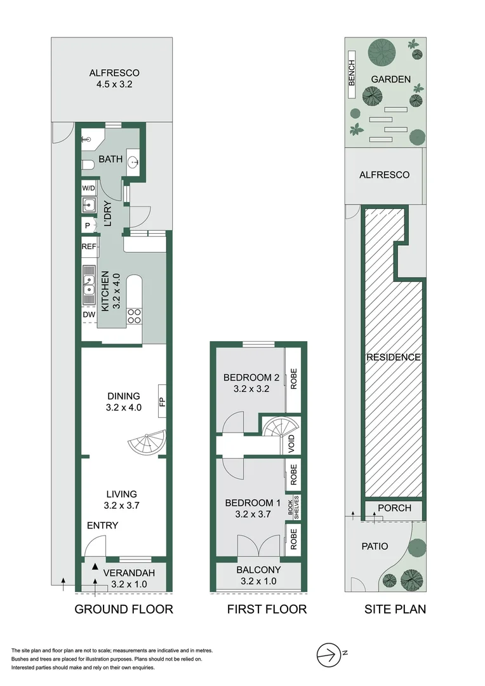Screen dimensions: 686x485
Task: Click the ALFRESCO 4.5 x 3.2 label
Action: (114, 78)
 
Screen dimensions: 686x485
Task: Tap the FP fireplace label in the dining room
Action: (162, 401)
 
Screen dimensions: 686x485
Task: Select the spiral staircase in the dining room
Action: (148, 442)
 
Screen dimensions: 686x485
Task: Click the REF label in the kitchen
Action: (88, 246)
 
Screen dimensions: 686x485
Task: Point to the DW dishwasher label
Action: (88, 313)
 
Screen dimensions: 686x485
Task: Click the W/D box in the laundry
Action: (88, 189)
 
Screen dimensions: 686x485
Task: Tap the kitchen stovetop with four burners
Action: (135, 316)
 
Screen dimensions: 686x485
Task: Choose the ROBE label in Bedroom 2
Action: (293, 379)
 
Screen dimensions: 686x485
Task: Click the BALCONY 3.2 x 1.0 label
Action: (258, 575)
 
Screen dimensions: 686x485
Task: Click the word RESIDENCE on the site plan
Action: (393, 358)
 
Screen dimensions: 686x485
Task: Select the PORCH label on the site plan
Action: (394, 508)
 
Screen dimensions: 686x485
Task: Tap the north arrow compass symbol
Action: (328, 652)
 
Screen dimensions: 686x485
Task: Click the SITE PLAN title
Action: (395, 610)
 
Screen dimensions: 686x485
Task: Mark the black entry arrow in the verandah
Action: (95, 566)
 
